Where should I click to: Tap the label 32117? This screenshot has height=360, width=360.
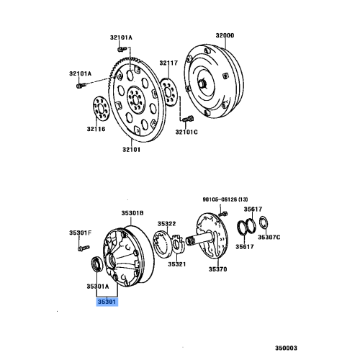pos(168,63)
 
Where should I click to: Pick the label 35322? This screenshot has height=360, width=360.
pos(167,223)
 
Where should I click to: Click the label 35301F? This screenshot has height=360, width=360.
pos(80,232)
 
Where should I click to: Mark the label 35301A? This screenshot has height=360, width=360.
pos(100,285)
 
